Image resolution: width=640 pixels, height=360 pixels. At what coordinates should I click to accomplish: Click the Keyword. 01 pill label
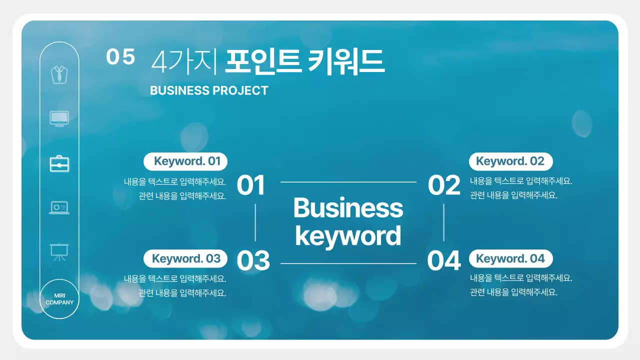(x=185, y=161)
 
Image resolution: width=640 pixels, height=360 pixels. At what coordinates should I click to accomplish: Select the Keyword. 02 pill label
(x=510, y=161)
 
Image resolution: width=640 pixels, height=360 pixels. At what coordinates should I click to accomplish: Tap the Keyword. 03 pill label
(x=185, y=258)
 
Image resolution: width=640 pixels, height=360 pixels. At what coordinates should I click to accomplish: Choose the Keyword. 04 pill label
(x=510, y=258)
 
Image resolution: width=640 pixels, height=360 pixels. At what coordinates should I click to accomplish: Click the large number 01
(x=250, y=185)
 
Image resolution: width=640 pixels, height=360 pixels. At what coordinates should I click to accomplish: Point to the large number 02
(x=444, y=185)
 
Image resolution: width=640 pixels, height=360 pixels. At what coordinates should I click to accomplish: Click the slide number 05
(x=120, y=57)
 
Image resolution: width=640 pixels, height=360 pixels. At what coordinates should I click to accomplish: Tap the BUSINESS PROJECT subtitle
(x=209, y=90)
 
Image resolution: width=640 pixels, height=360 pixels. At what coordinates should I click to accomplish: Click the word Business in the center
(x=348, y=207)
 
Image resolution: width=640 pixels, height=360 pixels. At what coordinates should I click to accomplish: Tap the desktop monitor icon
(x=59, y=118)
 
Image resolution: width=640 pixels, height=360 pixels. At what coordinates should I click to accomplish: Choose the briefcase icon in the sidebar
(x=59, y=163)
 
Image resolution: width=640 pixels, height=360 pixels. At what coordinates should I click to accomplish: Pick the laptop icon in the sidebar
(x=59, y=207)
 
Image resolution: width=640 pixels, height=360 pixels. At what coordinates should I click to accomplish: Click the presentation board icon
(x=59, y=251)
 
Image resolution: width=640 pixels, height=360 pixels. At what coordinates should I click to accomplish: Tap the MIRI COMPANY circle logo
(x=59, y=299)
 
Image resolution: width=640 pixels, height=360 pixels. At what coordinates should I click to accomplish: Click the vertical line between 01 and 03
(x=255, y=222)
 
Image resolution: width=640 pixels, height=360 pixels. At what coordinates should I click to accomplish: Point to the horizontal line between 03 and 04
(x=348, y=263)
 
